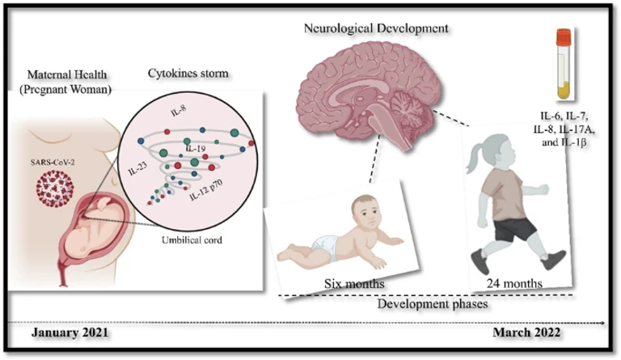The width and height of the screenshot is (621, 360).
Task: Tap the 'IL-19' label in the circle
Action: [196, 150]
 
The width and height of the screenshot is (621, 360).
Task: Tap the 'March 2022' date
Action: [534, 333]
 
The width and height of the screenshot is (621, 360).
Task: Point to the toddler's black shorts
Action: [511, 229]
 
